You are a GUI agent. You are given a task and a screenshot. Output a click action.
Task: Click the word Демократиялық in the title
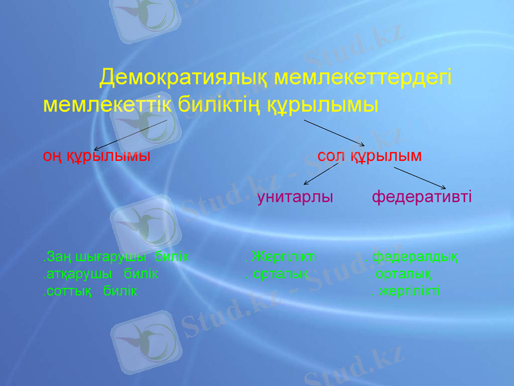184,78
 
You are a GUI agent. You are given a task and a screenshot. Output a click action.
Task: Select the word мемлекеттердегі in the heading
363,78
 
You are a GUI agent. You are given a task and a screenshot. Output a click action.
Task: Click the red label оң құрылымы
97,156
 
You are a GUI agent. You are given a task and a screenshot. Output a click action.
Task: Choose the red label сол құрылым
369,156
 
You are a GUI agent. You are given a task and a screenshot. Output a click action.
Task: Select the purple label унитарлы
295,197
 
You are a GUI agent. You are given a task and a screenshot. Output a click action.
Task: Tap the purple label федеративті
421,197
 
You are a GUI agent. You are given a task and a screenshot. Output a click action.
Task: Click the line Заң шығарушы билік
116,257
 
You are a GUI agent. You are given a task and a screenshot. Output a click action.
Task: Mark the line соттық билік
90,291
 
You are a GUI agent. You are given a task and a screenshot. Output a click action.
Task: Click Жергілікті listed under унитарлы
283,257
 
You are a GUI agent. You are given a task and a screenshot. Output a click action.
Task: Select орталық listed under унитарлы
280,274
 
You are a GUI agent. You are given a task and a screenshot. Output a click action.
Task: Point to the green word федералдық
415,257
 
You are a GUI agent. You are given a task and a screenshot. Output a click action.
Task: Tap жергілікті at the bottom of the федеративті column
407,291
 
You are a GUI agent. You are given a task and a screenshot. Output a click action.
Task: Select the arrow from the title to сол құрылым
334,133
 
